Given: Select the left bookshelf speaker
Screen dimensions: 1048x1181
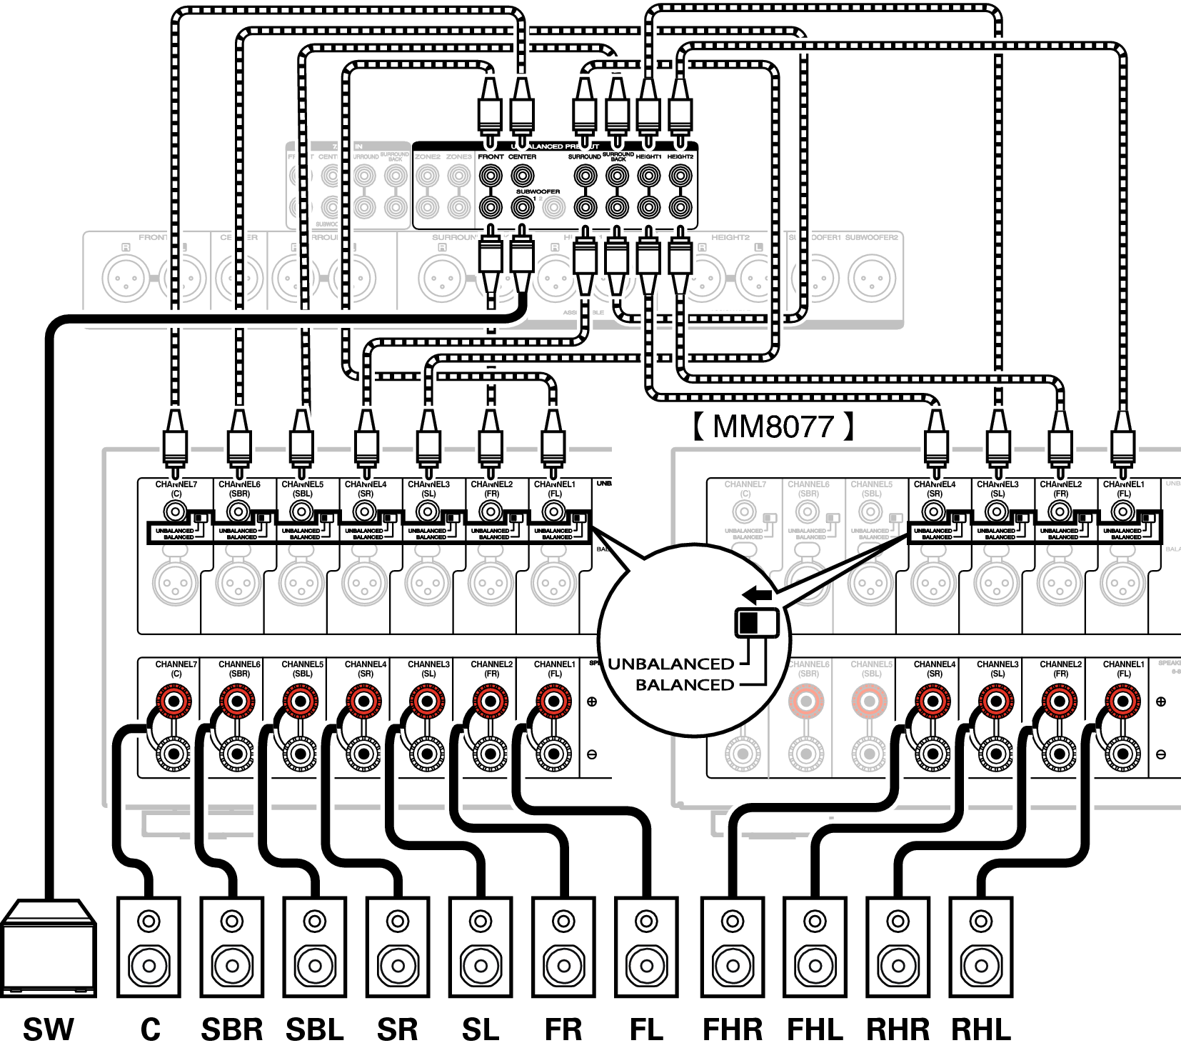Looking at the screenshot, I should click(231, 947).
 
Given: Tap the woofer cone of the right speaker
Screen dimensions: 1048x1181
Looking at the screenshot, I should click(315, 965).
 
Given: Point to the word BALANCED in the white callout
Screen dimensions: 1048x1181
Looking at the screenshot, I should click(685, 684).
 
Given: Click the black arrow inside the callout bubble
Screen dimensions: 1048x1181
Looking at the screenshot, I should click(757, 594).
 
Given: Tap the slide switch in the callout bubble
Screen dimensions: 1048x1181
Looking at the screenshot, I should click(757, 622).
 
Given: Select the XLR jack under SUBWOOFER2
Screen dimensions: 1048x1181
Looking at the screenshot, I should click(872, 276).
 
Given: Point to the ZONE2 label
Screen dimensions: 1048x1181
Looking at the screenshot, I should click(427, 156).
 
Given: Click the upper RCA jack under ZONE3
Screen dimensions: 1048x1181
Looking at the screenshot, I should click(459, 176).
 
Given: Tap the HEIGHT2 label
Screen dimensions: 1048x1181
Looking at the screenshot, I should click(730, 237).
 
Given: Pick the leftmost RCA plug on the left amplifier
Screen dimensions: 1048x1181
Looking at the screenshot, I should click(175, 446).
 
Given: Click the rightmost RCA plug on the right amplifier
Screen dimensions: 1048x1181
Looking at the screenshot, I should click(1123, 446).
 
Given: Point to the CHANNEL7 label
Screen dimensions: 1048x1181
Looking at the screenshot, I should click(745, 484).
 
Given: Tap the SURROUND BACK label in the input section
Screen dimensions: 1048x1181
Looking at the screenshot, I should click(395, 155).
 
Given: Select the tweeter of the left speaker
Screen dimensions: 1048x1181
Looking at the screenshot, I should click(232, 919).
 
